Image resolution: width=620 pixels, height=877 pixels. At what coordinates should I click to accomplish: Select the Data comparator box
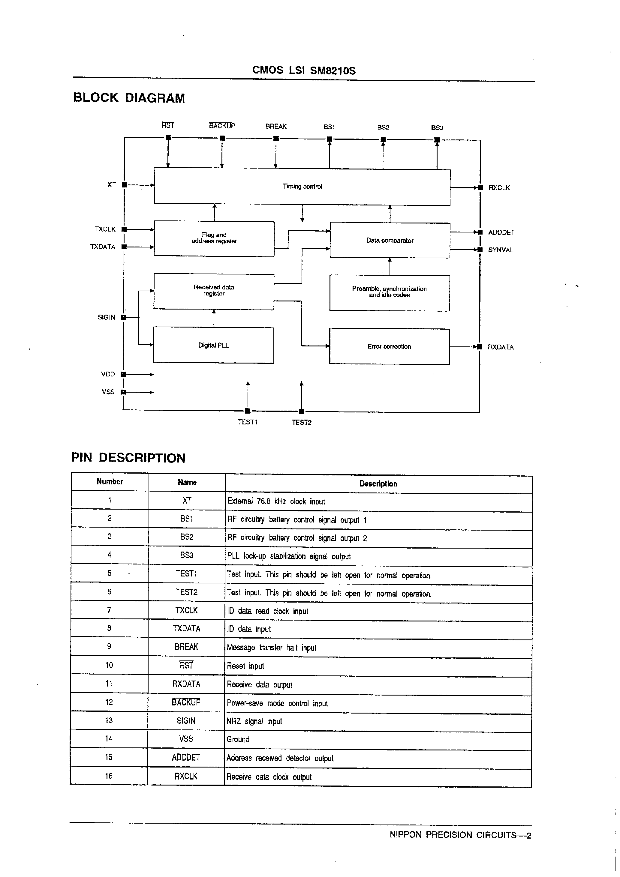click(390, 240)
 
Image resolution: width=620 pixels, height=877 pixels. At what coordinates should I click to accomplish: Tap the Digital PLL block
click(214, 345)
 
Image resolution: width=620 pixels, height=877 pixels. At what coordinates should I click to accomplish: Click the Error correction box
click(389, 346)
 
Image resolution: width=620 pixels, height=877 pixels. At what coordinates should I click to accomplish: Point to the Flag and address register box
click(214, 238)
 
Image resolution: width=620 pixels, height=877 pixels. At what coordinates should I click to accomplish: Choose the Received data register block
click(214, 291)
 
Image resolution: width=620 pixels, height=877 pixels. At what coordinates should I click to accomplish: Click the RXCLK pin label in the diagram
click(499, 188)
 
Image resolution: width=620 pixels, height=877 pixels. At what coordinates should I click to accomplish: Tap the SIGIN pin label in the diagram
click(106, 317)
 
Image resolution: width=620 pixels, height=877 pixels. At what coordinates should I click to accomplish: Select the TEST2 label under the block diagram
click(302, 423)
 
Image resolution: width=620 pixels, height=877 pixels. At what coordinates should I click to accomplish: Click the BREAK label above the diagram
click(276, 127)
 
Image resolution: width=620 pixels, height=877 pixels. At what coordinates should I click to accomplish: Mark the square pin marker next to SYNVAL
click(480, 250)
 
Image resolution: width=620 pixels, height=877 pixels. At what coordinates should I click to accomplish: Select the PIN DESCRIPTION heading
click(128, 458)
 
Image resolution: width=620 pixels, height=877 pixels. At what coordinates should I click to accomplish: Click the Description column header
click(378, 484)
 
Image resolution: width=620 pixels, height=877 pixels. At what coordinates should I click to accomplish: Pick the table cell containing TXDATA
click(187, 628)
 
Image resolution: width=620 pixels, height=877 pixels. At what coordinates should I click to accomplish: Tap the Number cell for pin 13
click(109, 720)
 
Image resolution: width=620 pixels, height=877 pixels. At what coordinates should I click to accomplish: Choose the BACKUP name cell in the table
click(186, 702)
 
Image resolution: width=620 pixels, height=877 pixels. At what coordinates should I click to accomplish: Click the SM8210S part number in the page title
click(333, 71)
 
